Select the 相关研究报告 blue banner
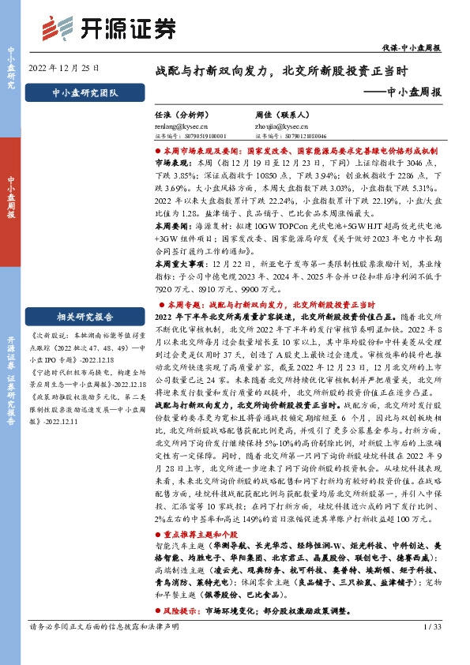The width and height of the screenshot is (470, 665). (84, 317)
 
